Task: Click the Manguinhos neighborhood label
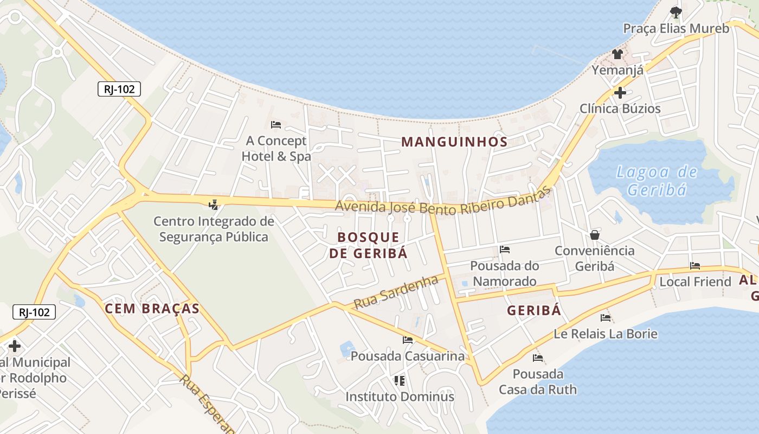click(x=454, y=142)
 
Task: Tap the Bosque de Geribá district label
click(x=368, y=245)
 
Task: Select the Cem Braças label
click(x=152, y=309)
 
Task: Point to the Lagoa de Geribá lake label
click(x=657, y=181)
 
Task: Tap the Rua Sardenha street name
click(x=396, y=292)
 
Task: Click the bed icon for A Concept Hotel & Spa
click(x=276, y=124)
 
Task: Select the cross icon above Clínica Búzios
click(x=620, y=93)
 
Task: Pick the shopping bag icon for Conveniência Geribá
click(x=595, y=235)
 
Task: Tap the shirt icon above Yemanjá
click(x=618, y=54)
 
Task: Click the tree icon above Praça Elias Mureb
click(x=676, y=11)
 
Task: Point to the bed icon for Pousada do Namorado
click(x=505, y=250)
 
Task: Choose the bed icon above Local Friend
click(x=695, y=266)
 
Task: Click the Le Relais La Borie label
click(x=606, y=334)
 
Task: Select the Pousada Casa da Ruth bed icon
click(x=538, y=358)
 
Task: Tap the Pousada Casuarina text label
click(x=408, y=356)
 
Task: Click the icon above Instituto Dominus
click(x=400, y=380)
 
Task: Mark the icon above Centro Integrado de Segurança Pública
click(x=214, y=205)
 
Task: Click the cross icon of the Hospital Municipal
click(x=15, y=346)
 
